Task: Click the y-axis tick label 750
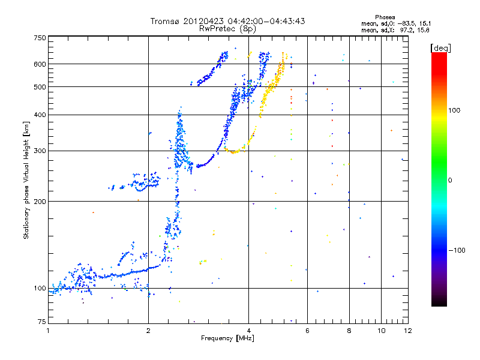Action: [40, 38]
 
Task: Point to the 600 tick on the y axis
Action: [40, 64]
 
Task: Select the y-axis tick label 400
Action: [40, 115]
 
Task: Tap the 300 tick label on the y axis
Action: [40, 151]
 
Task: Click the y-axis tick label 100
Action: [40, 289]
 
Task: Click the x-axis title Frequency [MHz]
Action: [227, 339]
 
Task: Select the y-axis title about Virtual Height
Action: [26, 180]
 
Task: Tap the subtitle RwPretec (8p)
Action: [227, 28]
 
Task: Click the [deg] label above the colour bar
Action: [440, 47]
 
